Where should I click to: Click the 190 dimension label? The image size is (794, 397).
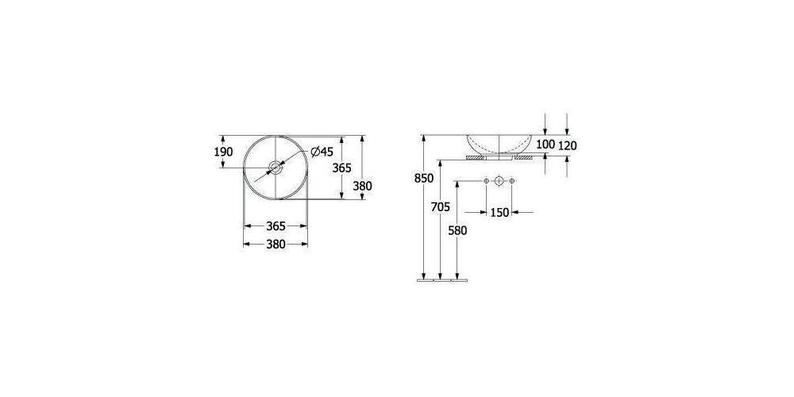(x=224, y=152)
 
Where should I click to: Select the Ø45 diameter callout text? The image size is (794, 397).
(x=322, y=152)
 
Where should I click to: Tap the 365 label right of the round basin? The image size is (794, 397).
(x=341, y=168)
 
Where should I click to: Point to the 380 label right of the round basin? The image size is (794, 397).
(x=363, y=186)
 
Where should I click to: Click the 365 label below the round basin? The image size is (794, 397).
(x=276, y=225)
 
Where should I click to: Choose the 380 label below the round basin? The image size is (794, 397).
(x=276, y=244)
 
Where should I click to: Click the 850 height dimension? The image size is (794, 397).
(x=424, y=178)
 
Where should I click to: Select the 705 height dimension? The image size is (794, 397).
(x=441, y=206)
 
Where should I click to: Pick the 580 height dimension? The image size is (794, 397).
(x=457, y=230)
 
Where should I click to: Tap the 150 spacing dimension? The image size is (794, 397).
(x=499, y=213)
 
